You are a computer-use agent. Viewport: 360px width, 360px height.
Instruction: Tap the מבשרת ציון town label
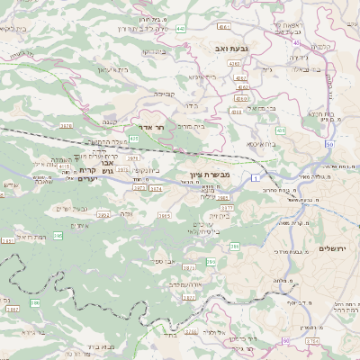pyautogui.click(x=210, y=174)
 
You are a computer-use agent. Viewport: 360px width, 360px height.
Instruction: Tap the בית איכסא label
pyautogui.click(x=262, y=142)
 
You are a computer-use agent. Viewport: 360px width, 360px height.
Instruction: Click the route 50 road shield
pyautogui.click(x=329, y=144)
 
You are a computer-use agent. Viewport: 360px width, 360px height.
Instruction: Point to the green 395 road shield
pyautogui.click(x=58, y=236)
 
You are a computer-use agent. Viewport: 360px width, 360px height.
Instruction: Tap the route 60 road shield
pyautogui.click(x=286, y=340)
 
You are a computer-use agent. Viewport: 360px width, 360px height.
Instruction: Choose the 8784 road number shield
pyautogui.click(x=311, y=341)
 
